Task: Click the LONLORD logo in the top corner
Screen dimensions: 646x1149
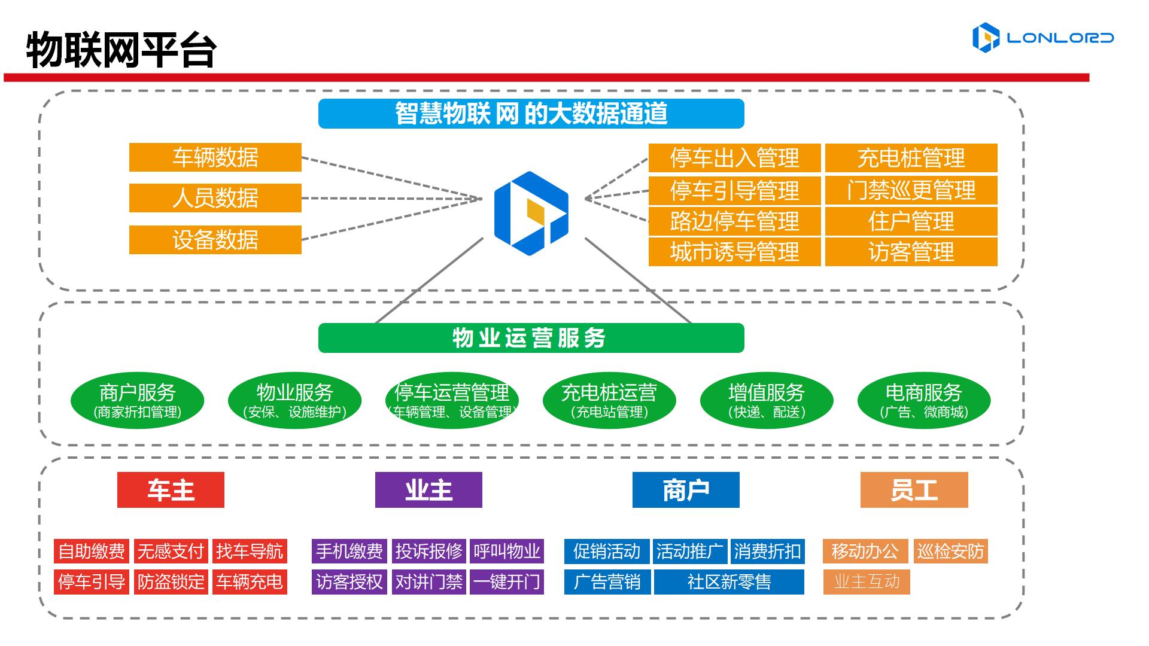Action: point(1042,38)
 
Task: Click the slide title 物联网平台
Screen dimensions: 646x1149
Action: point(121,50)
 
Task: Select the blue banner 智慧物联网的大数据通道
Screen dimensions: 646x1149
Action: point(531,114)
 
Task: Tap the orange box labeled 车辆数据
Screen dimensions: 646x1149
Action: point(215,157)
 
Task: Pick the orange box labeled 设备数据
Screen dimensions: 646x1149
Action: point(215,240)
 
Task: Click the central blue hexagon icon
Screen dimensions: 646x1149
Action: point(531,214)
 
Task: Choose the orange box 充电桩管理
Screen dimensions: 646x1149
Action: point(911,158)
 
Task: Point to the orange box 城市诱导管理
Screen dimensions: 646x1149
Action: point(734,252)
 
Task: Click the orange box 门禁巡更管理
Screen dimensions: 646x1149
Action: point(911,190)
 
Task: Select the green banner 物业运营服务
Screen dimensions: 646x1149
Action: point(531,338)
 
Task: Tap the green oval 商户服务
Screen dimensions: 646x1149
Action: point(137,400)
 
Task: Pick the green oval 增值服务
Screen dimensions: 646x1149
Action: point(766,400)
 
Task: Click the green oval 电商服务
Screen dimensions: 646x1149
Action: point(923,400)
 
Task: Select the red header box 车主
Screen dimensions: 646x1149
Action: point(171,490)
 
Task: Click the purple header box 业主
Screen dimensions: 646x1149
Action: point(428,490)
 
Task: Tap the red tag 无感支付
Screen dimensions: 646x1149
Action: point(171,551)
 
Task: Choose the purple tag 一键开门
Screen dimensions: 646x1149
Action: point(506,582)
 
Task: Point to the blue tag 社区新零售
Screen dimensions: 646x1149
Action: point(729,582)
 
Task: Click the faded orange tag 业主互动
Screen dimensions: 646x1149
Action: point(867,582)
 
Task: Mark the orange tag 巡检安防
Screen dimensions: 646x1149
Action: point(950,551)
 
